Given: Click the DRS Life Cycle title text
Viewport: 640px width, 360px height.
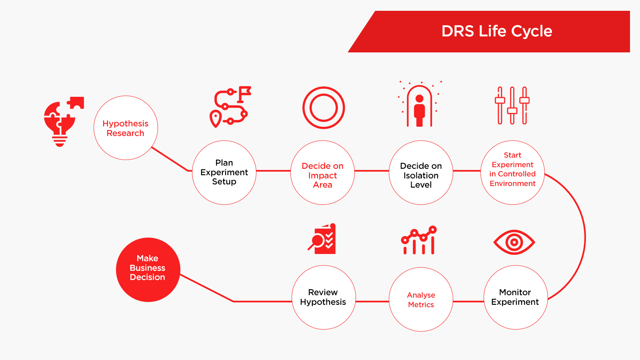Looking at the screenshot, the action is pos(496,31).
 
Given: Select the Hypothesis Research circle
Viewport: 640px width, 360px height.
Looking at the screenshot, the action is pos(126,128).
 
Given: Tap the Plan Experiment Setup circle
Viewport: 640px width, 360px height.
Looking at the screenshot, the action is pos(224,172).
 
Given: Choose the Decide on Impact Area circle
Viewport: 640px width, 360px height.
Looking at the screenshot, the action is pos(322,172).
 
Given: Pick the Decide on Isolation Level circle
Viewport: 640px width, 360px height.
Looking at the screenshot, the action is pos(421,172).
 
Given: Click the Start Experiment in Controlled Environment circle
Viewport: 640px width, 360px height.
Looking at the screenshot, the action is pos(512,172).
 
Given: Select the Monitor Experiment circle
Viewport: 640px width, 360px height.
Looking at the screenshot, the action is pos(516,298).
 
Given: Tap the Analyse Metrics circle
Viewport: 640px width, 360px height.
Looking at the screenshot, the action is pos(421,300).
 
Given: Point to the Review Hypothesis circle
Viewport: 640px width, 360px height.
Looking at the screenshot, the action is pos(324,298).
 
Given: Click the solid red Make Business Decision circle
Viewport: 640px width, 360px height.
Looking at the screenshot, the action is pos(148,270).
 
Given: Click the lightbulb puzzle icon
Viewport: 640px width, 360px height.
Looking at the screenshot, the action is pos(64,122).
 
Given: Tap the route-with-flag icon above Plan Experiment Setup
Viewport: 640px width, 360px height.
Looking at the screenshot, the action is pos(230,106).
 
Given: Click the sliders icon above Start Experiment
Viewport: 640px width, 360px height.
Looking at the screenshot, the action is pos(512,106).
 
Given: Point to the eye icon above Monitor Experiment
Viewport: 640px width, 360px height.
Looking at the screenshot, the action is pos(514,242).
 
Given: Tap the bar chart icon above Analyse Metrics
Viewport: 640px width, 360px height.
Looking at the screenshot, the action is pos(419,240).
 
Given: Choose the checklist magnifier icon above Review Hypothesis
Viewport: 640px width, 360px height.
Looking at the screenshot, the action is pos(322,239).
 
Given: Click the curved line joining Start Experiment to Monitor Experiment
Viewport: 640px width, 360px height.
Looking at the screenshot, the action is pos(585,237).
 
